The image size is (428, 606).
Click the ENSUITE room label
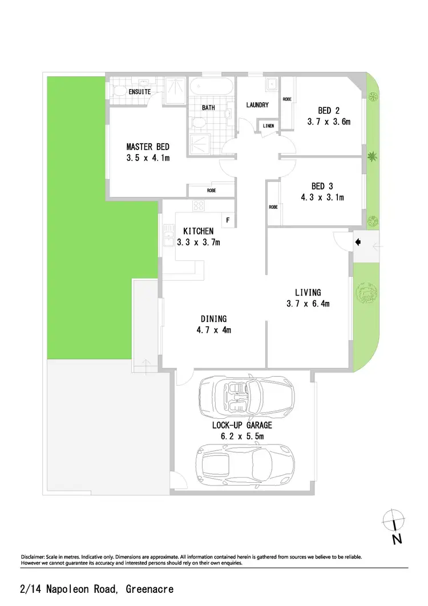[139, 91]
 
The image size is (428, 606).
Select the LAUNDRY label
[257, 105]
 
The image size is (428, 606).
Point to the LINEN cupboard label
[268, 126]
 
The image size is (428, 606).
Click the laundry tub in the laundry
[270, 86]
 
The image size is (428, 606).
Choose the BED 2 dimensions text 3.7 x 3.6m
[328, 122]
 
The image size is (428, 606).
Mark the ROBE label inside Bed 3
[273, 207]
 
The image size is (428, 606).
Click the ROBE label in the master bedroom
[211, 191]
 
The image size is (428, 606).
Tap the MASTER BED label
[148, 147]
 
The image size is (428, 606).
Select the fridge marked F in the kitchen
[228, 220]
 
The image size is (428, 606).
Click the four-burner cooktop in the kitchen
[199, 206]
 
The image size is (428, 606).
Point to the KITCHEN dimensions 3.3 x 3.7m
[198, 242]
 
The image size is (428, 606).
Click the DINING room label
[213, 318]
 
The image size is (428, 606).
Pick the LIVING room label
[308, 293]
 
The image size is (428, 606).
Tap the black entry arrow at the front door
[358, 242]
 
